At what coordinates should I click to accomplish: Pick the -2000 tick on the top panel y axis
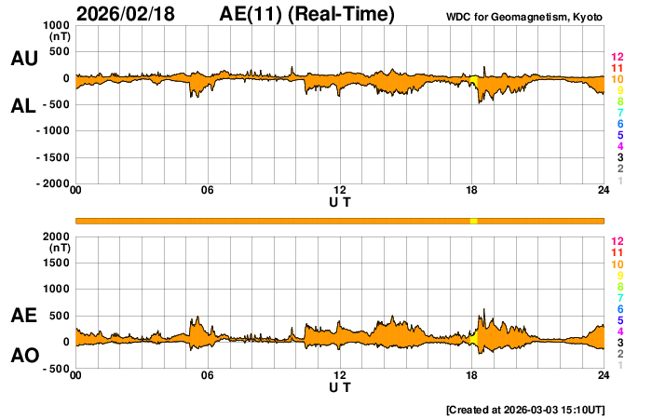coord(50,184)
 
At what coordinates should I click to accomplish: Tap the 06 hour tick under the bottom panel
coord(208,375)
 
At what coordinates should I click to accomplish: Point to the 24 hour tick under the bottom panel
coord(604,375)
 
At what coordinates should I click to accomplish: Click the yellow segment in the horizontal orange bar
coord(473,220)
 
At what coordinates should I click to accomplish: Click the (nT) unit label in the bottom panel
coord(58,249)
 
